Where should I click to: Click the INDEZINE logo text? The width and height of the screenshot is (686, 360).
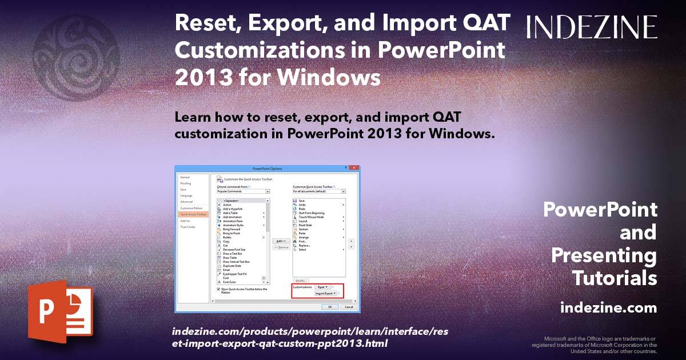(x=592, y=27)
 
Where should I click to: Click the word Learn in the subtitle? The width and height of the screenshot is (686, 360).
(x=194, y=118)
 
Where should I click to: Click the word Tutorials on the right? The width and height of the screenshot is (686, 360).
(x=615, y=278)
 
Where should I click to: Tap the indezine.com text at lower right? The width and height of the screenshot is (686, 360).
(x=608, y=308)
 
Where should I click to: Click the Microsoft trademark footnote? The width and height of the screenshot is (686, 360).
(x=595, y=345)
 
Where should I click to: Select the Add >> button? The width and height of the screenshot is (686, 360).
(x=280, y=241)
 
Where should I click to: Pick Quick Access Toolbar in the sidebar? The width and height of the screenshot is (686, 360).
(x=191, y=214)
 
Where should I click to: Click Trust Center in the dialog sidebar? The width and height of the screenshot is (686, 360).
(x=188, y=227)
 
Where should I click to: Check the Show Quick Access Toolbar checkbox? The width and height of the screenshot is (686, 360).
(x=218, y=289)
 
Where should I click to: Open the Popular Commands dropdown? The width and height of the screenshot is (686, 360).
(x=243, y=191)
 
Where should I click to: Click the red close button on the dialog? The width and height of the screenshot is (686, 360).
(x=354, y=169)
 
